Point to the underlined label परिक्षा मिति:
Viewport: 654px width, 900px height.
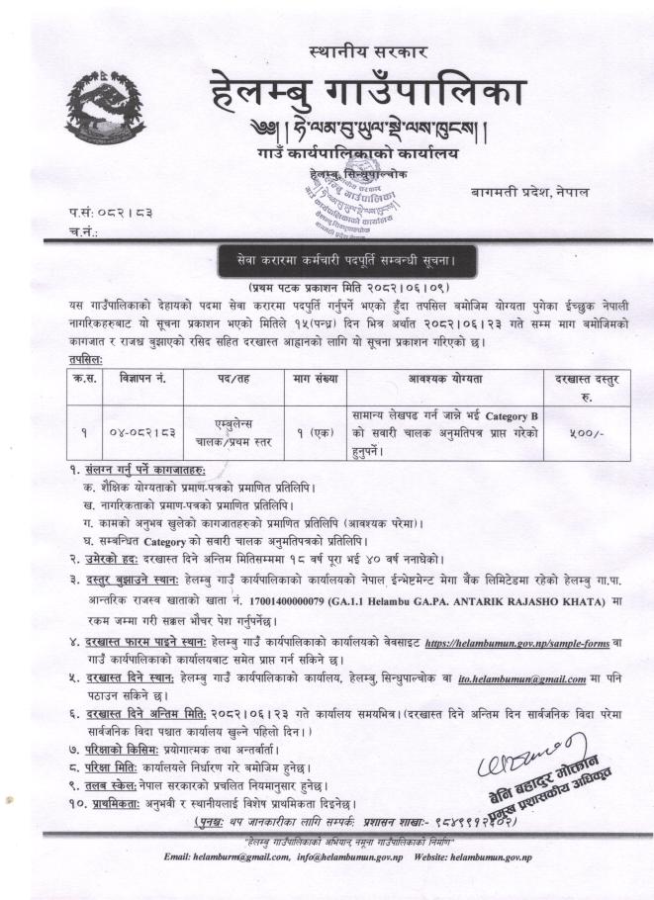coord(112,777)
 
